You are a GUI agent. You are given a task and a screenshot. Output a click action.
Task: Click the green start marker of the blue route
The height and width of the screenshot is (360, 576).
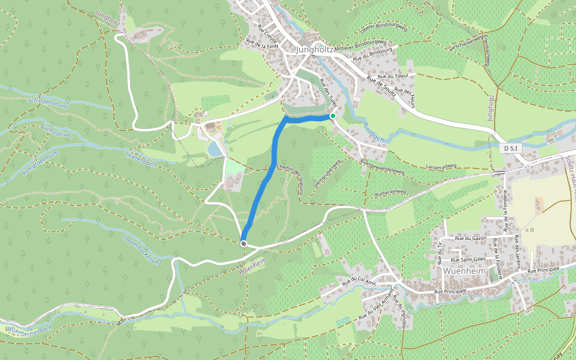[x=332, y=116]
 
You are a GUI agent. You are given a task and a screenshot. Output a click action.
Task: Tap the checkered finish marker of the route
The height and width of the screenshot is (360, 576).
[x=244, y=242]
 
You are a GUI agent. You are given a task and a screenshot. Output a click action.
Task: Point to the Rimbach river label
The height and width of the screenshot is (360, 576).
[x=373, y=133]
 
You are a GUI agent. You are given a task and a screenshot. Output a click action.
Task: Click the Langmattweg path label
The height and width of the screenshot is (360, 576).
[x=440, y=166]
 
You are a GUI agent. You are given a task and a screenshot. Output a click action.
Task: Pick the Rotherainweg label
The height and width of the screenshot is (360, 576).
[x=391, y=193]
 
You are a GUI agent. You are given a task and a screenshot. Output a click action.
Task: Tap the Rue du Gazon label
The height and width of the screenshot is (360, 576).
[x=470, y=239]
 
